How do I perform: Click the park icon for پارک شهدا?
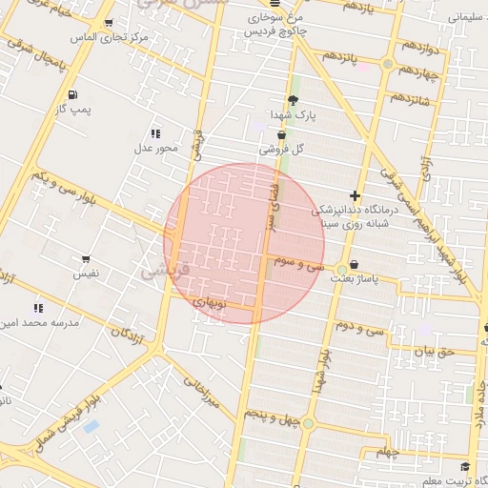(x=293, y=100)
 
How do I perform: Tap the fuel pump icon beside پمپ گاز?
(x=72, y=94)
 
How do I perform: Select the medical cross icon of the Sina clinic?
(x=355, y=194)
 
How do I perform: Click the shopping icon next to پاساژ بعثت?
(x=355, y=264)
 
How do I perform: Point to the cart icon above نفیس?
(x=86, y=258)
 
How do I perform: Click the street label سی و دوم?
(x=359, y=328)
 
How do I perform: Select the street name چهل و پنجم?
(x=273, y=416)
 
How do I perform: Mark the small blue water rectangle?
(x=91, y=426)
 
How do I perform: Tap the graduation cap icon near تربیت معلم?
(x=464, y=467)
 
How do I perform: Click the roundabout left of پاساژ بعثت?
(x=341, y=270)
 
